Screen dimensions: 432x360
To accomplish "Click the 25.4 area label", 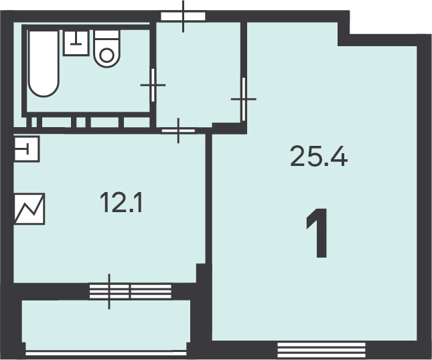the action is coord(319,157).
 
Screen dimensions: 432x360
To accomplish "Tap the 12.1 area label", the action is coord(121,203).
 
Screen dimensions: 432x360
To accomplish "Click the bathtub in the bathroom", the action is coord(44,64).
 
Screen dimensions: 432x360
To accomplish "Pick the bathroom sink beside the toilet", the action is coord(76,43).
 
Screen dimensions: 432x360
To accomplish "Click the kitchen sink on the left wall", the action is coord(27,149).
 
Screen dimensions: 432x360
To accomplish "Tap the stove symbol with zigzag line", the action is coord(29,209).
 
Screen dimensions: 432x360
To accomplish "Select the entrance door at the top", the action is coord(183,16).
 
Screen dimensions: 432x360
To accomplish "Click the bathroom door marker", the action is coord(153,85).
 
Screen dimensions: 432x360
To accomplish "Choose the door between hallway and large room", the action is coord(244,99).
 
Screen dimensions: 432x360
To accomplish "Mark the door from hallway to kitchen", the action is coord(178,130).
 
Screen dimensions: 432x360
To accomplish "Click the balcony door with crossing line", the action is coord(109,292).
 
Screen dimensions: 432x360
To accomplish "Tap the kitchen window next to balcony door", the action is coord(151,292).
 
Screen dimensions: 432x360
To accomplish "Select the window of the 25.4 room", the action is coord(321,350).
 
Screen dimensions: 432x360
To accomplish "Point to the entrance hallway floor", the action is coord(198,74).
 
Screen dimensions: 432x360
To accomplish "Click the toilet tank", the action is coord(107,34).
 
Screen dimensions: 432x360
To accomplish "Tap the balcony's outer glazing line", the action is coord(106,353).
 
